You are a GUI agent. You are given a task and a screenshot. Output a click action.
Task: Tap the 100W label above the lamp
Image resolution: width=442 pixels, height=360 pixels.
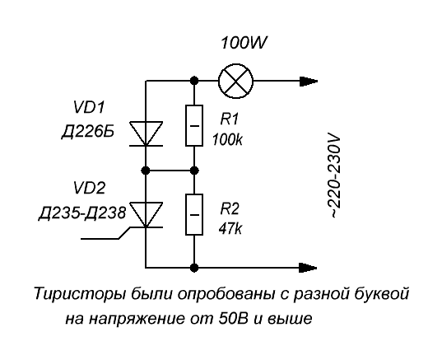point(244,43)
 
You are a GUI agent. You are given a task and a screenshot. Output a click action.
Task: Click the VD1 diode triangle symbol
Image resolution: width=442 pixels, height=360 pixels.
point(146,133)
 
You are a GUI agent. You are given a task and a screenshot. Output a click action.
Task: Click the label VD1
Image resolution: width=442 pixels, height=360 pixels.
point(88,107)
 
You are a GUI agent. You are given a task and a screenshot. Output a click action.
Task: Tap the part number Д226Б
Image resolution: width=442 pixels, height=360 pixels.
point(88,132)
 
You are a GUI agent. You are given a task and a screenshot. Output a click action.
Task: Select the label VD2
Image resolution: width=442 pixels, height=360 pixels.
point(89,188)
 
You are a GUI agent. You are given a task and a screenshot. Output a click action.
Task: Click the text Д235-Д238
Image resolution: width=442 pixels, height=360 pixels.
point(82,213)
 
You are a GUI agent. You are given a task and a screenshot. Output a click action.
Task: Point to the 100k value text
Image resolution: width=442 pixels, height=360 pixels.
point(227,139)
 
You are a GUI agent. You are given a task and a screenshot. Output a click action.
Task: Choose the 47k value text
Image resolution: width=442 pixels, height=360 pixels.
point(230,228)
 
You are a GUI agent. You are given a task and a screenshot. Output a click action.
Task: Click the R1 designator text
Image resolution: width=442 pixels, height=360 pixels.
point(229,119)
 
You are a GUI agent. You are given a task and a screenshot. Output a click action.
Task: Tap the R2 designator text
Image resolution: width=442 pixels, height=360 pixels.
point(230,208)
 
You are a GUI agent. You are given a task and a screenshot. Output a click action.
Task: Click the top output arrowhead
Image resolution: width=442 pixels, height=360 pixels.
point(309,82)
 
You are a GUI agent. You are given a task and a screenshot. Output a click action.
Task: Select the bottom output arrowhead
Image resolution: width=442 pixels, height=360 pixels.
point(309,268)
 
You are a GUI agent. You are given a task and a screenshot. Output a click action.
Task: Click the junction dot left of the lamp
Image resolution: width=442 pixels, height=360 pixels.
point(194,81)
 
